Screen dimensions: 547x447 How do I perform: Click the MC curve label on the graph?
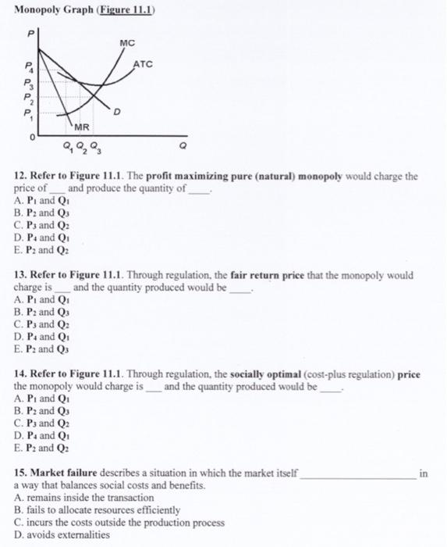click(x=129, y=41)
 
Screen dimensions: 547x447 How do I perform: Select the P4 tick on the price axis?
click(x=29, y=68)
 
